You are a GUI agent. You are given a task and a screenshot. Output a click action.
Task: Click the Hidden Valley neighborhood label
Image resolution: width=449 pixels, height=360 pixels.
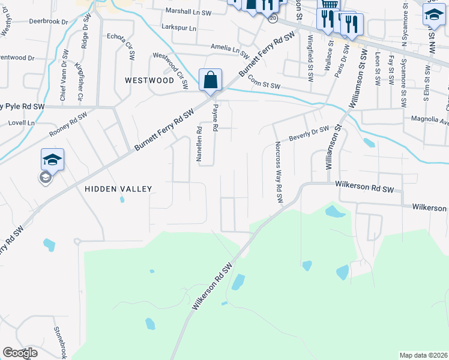click(118, 188)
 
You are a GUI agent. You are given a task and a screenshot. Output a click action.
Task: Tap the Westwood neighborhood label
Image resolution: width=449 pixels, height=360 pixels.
click(149, 80)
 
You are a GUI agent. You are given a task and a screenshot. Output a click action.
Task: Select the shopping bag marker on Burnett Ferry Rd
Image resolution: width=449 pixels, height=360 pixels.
click(210, 80)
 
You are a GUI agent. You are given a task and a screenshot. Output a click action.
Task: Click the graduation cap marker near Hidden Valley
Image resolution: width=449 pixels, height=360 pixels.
click(52, 160)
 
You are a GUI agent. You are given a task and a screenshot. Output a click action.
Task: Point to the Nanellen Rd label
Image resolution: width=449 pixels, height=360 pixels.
click(199, 143)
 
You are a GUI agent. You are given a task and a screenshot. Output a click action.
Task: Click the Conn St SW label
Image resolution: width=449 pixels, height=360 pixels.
click(264, 85)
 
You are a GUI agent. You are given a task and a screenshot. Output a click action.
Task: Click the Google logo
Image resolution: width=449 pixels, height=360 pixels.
click(20, 353)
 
